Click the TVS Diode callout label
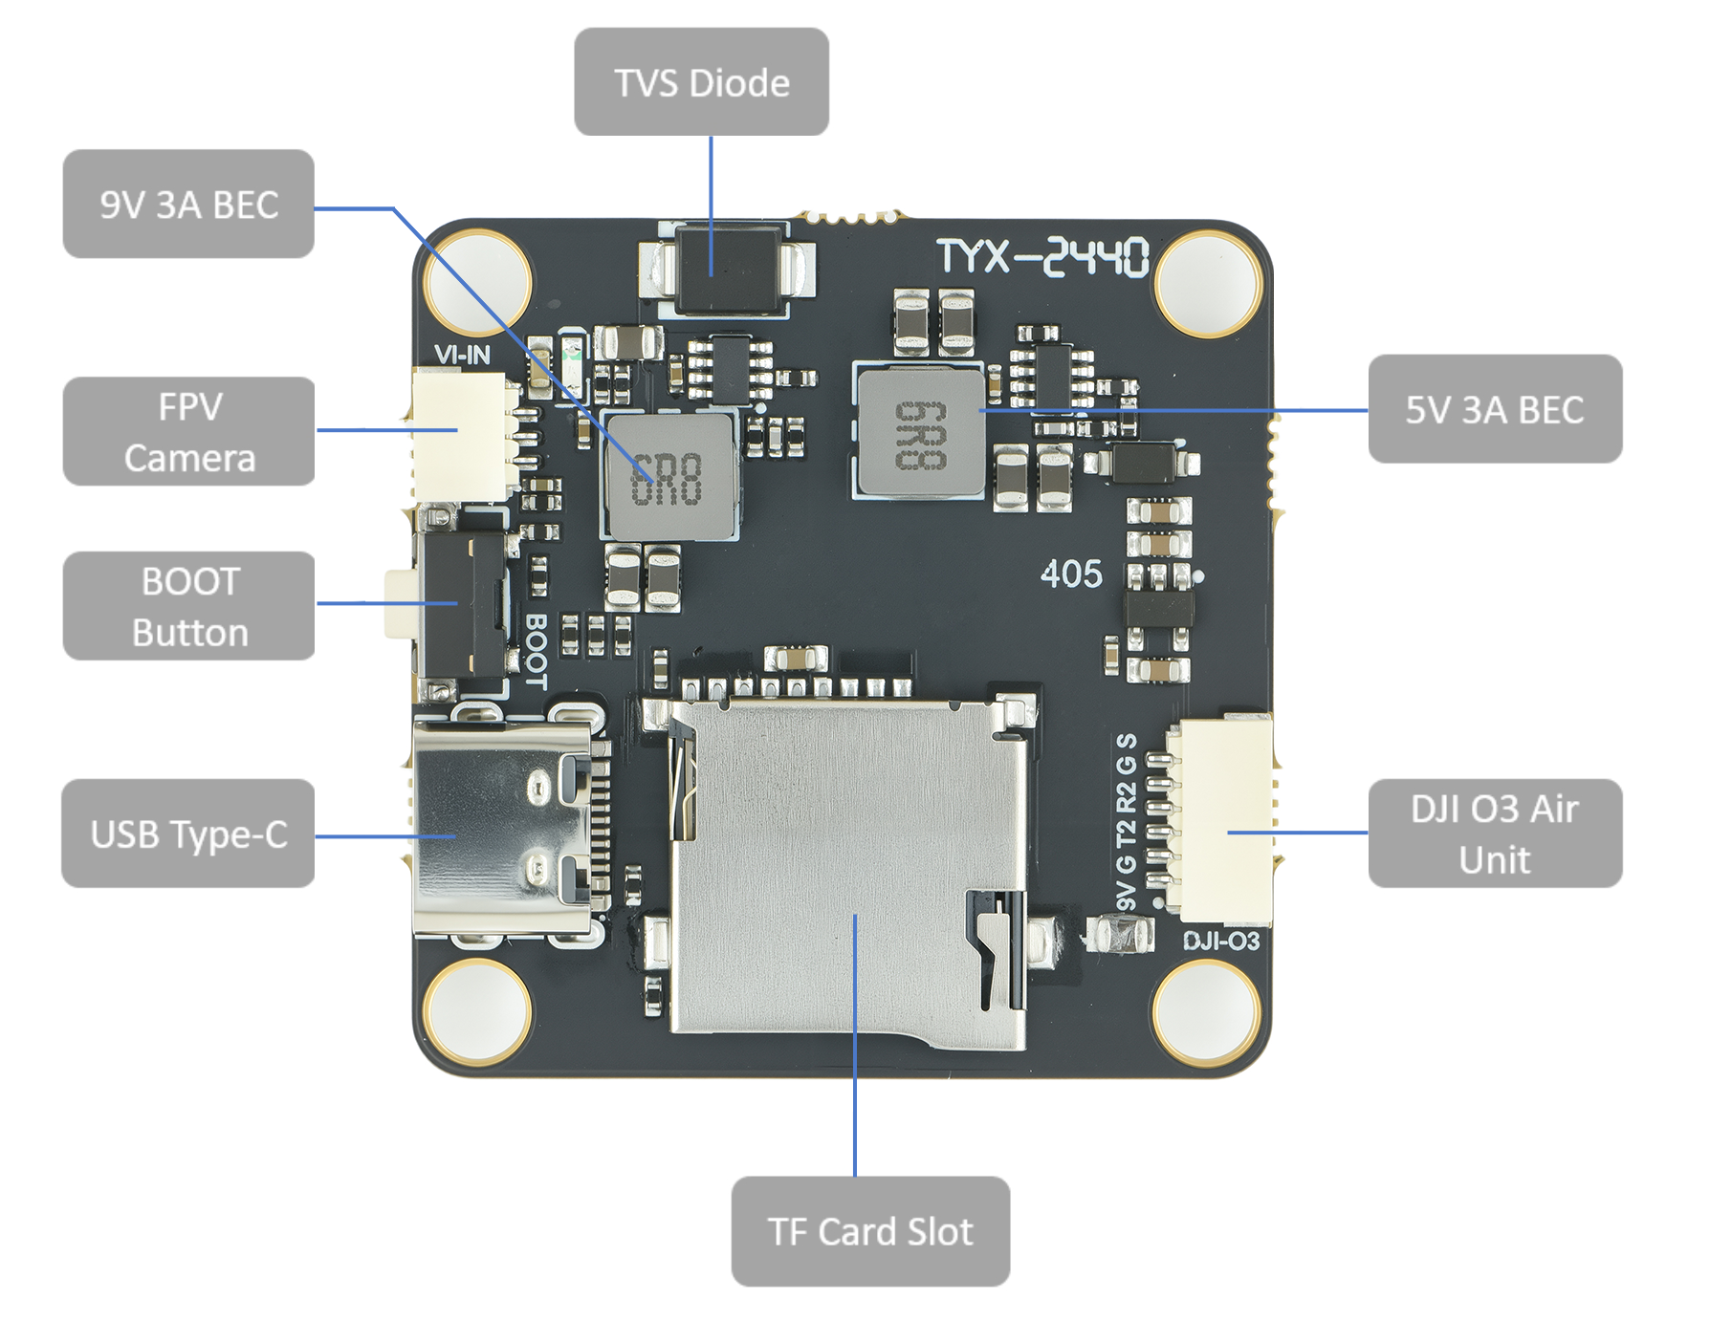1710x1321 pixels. pyautogui.click(x=701, y=82)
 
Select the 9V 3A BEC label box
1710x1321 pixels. pyautogui.click(x=188, y=204)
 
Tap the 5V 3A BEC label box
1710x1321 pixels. pyautogui.click(x=1494, y=409)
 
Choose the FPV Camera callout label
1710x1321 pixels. pyautogui.click(x=188, y=431)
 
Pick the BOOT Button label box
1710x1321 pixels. pyautogui.click(x=188, y=606)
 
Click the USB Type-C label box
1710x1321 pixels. pyautogui.click(x=188, y=834)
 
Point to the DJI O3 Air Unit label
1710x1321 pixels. pyautogui.click(x=1494, y=834)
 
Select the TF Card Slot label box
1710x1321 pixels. pyautogui.click(x=870, y=1231)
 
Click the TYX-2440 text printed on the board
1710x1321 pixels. pyautogui.click(x=1041, y=257)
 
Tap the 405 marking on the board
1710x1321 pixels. pyautogui.click(x=1071, y=574)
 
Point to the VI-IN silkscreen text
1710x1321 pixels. pyautogui.click(x=462, y=356)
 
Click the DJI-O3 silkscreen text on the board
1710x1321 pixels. pyautogui.click(x=1220, y=942)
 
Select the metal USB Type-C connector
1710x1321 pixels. pyautogui.click(x=502, y=828)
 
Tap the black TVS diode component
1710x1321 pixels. pyautogui.click(x=728, y=269)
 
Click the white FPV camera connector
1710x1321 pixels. pyautogui.click(x=461, y=435)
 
